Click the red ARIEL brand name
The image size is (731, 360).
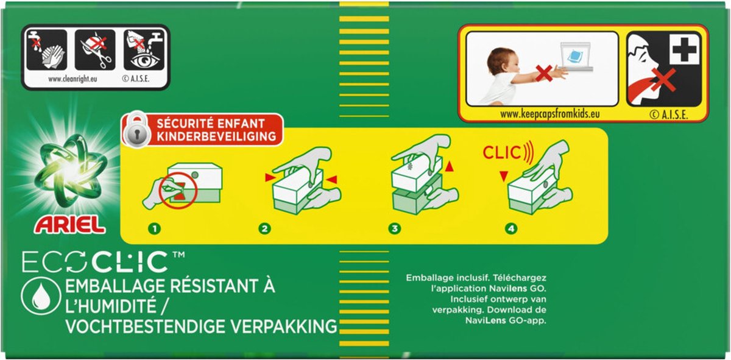[69, 225]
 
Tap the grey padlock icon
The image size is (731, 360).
[136, 130]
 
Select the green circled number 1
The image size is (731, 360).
[155, 228]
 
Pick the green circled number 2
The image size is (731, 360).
[264, 228]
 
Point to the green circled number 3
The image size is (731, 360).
[395, 228]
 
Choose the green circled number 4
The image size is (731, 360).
[511, 228]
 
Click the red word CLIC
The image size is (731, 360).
[502, 153]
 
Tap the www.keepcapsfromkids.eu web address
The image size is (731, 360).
[550, 114]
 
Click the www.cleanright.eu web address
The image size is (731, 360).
[72, 79]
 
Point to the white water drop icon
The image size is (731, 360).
[41, 295]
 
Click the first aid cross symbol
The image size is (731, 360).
[683, 49]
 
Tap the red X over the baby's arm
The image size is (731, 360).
[543, 73]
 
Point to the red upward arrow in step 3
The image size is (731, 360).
[450, 166]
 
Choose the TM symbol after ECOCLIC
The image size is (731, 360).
[178, 255]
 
